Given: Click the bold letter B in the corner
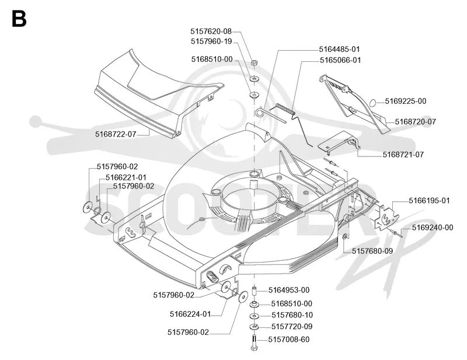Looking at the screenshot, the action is pos(19,19).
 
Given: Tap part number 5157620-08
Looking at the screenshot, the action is pos(211,32).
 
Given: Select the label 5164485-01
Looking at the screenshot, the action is pos(339,49).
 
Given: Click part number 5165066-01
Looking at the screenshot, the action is pos(340,60).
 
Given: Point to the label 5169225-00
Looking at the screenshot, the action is pos(405,102).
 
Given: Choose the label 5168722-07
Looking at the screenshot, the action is pos(116,134).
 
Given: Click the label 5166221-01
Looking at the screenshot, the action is pos(126,177).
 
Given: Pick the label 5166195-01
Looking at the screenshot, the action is pos(429,201).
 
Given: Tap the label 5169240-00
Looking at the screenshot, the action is pos(433,228).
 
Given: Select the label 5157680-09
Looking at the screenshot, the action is pos(372,251).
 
